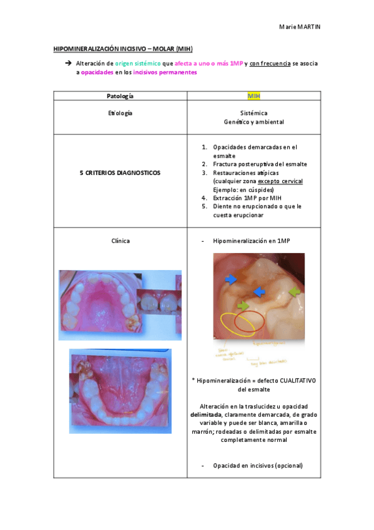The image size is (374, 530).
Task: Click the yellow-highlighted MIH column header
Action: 253,96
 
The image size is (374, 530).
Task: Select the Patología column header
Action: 120,96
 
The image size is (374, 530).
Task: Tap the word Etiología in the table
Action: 120,113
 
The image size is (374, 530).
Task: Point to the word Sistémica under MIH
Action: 253,114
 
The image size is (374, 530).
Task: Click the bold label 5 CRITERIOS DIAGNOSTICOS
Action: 120,172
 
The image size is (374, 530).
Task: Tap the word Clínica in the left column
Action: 120,241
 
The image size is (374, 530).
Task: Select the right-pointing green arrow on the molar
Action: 244,305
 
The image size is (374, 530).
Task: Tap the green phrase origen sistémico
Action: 137,64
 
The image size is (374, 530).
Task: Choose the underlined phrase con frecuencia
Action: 269,64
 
